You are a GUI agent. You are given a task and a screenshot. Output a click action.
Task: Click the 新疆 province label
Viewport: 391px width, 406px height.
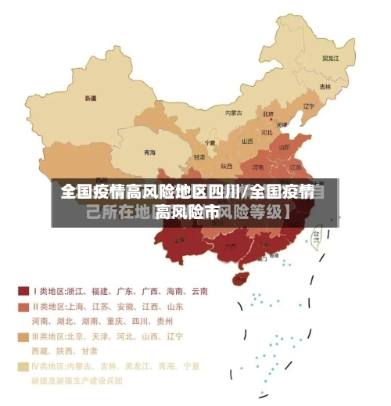click(x=91, y=99)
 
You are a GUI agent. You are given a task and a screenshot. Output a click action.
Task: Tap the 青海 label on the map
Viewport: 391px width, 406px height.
click(x=149, y=152)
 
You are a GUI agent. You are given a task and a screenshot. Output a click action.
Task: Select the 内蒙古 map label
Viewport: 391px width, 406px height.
click(x=234, y=113)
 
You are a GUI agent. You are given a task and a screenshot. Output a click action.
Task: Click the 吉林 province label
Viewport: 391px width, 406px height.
click(x=325, y=86)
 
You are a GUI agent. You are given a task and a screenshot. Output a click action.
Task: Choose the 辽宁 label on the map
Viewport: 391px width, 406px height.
click(x=309, y=106)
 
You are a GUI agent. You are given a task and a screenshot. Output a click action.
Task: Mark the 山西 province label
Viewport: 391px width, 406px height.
click(x=247, y=142)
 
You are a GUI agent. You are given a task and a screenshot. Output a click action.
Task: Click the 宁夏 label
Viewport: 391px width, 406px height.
click(x=210, y=143)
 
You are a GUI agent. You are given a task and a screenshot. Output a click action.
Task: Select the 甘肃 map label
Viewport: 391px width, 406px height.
click(x=199, y=156)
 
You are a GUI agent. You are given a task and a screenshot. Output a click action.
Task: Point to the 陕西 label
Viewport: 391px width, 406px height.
click(x=227, y=165)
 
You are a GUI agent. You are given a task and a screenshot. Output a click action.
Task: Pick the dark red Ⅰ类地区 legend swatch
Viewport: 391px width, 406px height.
click(x=23, y=291)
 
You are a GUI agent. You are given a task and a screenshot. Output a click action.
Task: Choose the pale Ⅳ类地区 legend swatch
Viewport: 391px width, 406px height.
click(x=23, y=366)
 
